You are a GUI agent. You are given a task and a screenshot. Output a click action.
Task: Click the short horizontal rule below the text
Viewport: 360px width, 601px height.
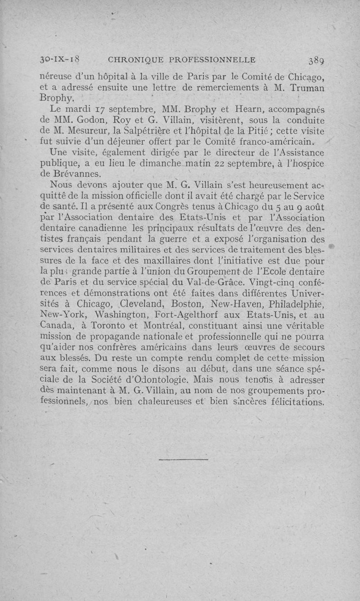(x=184, y=460)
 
